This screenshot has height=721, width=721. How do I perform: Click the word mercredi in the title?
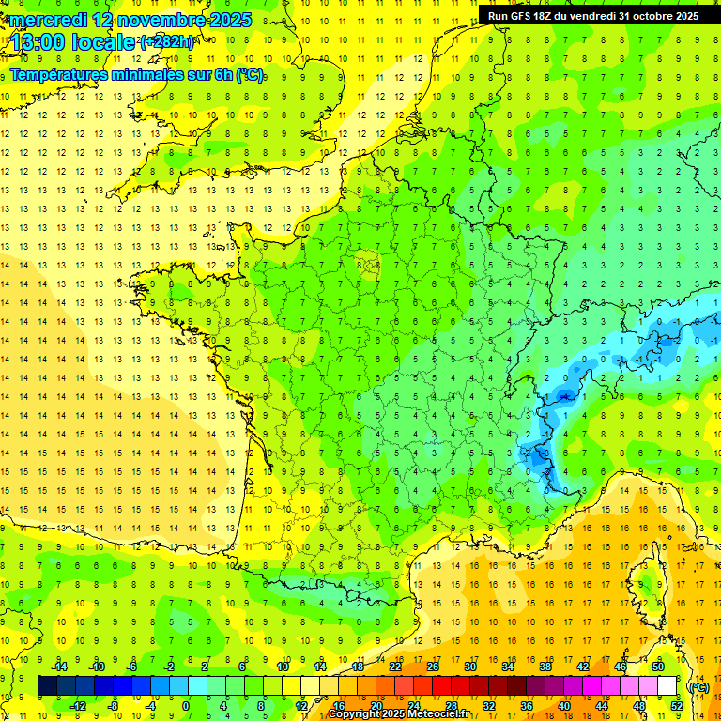[48, 19]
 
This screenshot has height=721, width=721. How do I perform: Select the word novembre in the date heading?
[162, 19]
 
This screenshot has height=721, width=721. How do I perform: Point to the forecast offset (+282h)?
[167, 42]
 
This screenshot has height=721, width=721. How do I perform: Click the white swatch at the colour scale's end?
[667, 686]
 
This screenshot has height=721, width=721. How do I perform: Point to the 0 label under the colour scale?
[186, 705]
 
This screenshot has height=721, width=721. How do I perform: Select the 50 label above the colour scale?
[658, 667]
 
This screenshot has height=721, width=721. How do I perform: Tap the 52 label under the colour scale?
[676, 705]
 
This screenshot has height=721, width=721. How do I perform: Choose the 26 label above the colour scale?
[433, 667]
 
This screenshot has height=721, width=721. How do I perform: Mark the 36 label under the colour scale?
[526, 705]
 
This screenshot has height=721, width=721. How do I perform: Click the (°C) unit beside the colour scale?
[699, 687]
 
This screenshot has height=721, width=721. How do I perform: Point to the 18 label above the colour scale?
[358, 667]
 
